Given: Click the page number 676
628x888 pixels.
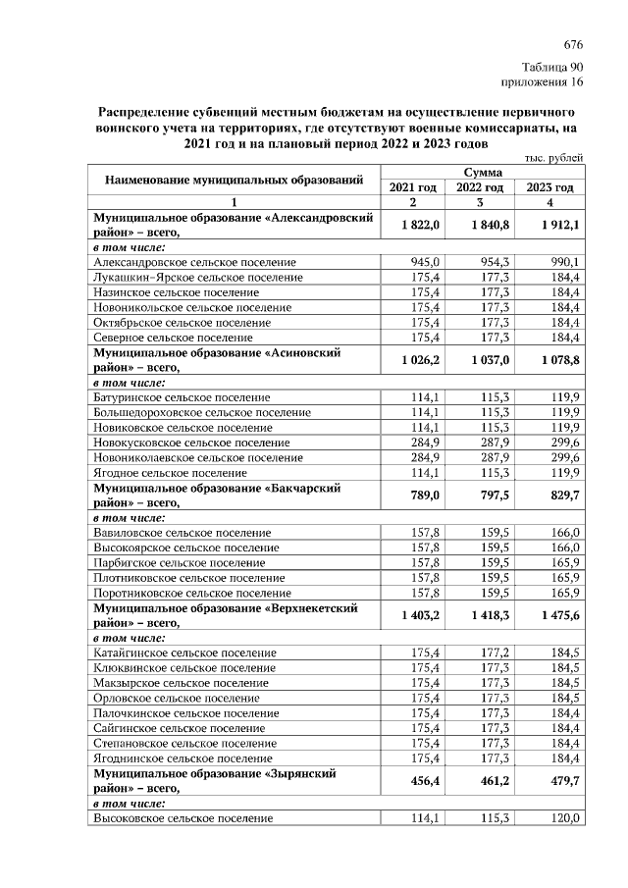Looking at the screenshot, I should (x=574, y=45).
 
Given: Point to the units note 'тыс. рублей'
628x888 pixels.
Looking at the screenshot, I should (x=554, y=158).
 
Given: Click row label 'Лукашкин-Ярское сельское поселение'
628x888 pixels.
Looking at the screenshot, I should (x=197, y=278).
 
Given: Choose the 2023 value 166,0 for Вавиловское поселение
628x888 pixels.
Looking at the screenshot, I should (x=562, y=532).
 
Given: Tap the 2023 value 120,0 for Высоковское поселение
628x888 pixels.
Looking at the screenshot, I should (x=562, y=818).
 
